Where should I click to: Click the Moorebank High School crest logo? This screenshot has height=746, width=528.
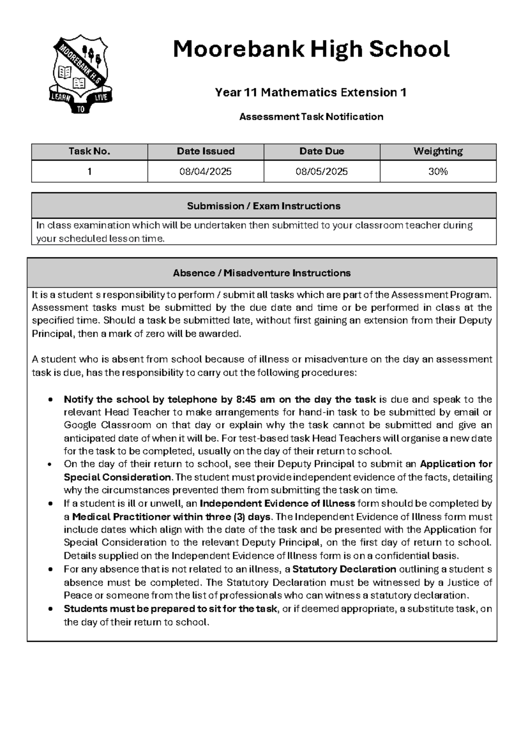[x=81, y=74]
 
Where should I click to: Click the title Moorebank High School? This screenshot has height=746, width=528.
[x=311, y=49]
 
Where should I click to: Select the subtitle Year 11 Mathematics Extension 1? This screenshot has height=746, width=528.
[x=310, y=92]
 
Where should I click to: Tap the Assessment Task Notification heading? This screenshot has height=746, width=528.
[x=311, y=117]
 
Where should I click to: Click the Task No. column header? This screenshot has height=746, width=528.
[x=89, y=151]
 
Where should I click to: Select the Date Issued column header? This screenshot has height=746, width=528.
[x=205, y=151]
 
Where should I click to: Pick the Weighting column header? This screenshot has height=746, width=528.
[x=438, y=151]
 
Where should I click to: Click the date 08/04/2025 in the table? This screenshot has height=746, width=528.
[x=205, y=172]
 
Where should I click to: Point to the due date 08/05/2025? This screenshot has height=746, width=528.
[x=322, y=172]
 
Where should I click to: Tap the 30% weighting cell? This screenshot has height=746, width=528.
[x=438, y=172]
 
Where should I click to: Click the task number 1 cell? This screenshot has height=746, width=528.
[x=89, y=172]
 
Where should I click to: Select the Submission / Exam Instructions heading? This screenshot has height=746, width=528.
[x=264, y=206]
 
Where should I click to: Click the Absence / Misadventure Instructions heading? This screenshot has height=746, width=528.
[x=262, y=273]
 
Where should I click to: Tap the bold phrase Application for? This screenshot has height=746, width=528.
[x=456, y=464]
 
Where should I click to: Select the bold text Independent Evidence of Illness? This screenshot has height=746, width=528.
[x=277, y=503]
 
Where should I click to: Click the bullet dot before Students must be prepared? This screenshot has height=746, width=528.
[x=51, y=609]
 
